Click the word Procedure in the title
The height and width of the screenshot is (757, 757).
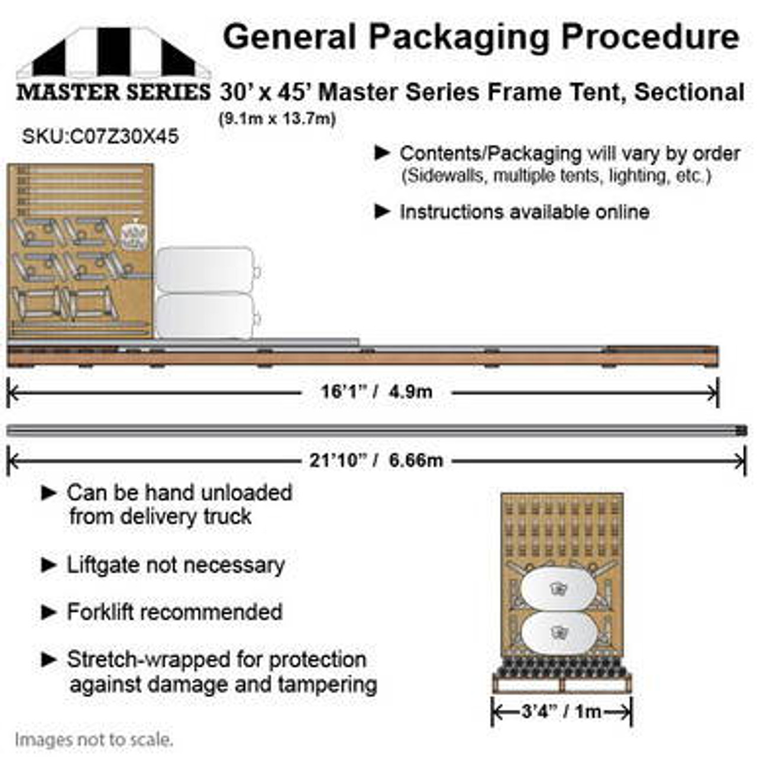[650, 38]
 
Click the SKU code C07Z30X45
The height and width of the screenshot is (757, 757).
[101, 137]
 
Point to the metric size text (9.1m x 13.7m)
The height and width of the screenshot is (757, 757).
[277, 119]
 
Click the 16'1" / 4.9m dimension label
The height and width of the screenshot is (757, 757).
[376, 392]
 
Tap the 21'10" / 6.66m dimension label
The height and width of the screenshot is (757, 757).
[376, 460]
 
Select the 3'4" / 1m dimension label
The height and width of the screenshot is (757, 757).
[561, 711]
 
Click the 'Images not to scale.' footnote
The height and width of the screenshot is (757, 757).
[94, 739]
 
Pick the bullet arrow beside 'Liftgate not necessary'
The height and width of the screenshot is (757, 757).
[49, 565]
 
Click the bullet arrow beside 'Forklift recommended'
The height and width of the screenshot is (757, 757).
[49, 612]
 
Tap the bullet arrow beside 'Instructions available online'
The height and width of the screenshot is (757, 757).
[383, 211]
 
